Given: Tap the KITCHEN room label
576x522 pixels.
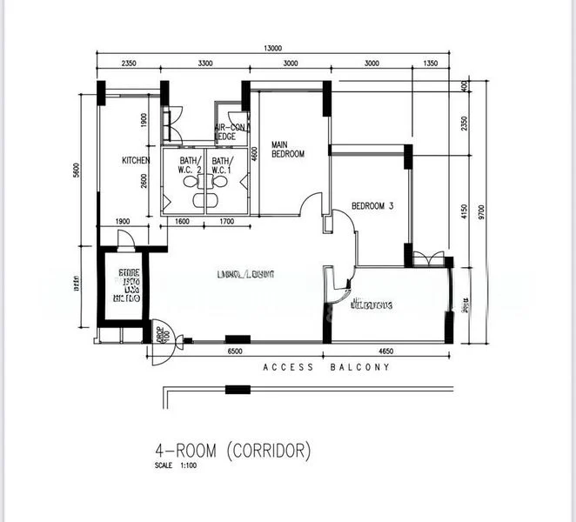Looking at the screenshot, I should pos(136,161).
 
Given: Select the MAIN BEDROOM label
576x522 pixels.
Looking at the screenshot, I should pos(287,149).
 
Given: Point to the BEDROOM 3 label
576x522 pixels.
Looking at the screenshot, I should pos(372,206).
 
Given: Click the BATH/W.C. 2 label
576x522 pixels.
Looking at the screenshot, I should pos(191,165).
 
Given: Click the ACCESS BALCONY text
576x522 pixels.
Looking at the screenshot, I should pos(326,368).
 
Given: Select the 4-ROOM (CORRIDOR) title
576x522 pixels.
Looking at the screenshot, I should pos(231,451).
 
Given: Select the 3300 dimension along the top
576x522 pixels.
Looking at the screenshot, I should pos(205,64).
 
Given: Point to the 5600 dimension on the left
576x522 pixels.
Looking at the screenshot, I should pos(77,171).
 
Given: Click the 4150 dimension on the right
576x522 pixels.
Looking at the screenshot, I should pos(465,211).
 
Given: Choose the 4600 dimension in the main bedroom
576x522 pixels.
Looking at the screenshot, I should pos(254,154).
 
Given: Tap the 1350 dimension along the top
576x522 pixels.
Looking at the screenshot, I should pos(429,64).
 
